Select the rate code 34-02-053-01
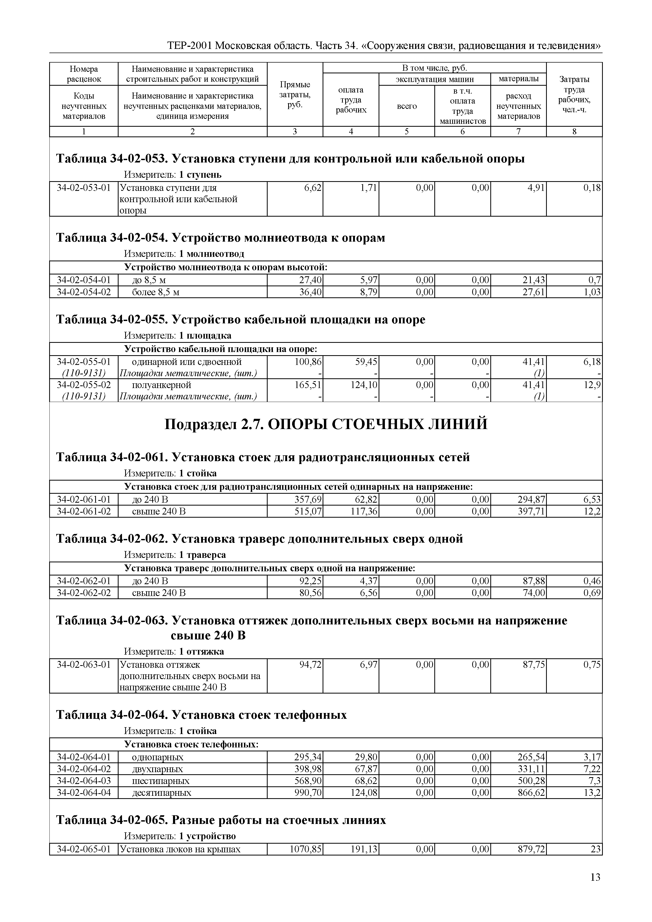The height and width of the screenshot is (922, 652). pyautogui.click(x=84, y=187)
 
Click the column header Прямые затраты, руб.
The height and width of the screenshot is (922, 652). pyautogui.click(x=295, y=95)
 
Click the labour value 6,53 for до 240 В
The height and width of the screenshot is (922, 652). pyautogui.click(x=592, y=500)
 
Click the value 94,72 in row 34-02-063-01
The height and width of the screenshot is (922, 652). pyautogui.click(x=310, y=665)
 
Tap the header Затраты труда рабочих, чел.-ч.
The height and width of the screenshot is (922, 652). pyautogui.click(x=574, y=95)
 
